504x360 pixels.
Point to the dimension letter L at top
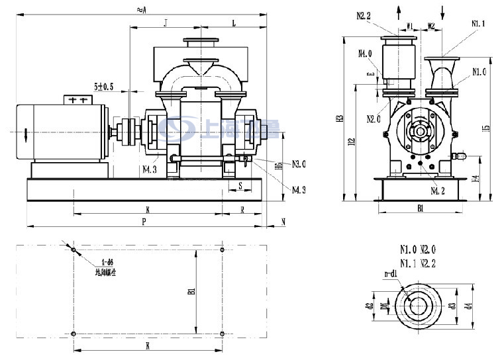click(233, 23)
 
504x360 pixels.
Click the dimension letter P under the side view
click(143, 222)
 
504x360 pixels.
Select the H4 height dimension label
click(475, 179)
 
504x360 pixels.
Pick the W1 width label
click(409, 26)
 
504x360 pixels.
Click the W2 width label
click(430, 26)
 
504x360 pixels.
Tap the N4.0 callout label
click(365, 54)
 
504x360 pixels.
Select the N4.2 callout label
click(437, 191)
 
